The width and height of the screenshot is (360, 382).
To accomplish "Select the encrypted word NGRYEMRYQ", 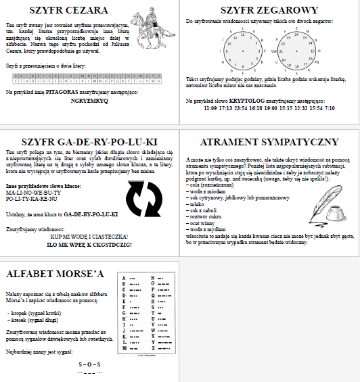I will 89,99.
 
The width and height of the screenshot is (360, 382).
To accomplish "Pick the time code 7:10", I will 330,108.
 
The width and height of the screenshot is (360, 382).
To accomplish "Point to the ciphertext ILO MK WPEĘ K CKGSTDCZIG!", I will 89,243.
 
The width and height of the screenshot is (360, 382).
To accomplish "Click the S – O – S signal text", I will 89,365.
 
